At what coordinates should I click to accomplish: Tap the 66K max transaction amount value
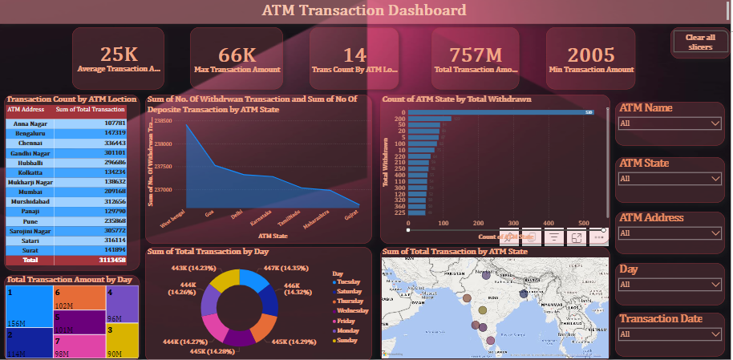[x=237, y=55]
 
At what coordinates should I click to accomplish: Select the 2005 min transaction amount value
[x=590, y=55]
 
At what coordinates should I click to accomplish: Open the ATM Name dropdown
[x=670, y=123]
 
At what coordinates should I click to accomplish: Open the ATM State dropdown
[x=670, y=179]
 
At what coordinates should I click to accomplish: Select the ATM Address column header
[x=26, y=109]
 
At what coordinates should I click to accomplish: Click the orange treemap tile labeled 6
[x=79, y=297]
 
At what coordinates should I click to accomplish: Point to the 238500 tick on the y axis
[x=163, y=120]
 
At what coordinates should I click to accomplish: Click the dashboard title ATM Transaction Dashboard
[x=364, y=10]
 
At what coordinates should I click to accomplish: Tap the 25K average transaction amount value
[x=119, y=55]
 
